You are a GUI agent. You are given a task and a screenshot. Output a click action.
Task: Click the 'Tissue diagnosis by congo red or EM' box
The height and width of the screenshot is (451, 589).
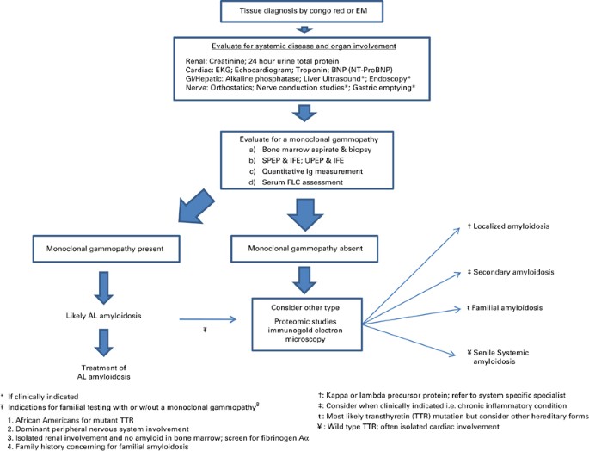pos(294,11)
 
